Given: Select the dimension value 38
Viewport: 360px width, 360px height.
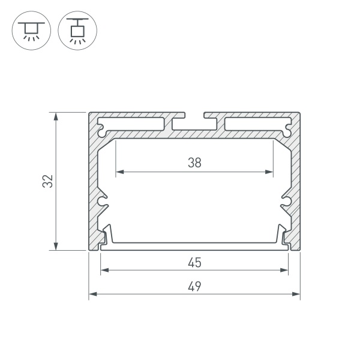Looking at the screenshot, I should (194, 162).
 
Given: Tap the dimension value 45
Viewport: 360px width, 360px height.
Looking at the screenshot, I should (194, 262).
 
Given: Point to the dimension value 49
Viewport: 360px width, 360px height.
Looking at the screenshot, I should (194, 286).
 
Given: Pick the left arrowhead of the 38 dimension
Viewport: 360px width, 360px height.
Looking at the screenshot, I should (118, 172).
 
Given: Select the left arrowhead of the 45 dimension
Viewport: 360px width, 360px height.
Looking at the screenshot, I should (103, 271).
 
